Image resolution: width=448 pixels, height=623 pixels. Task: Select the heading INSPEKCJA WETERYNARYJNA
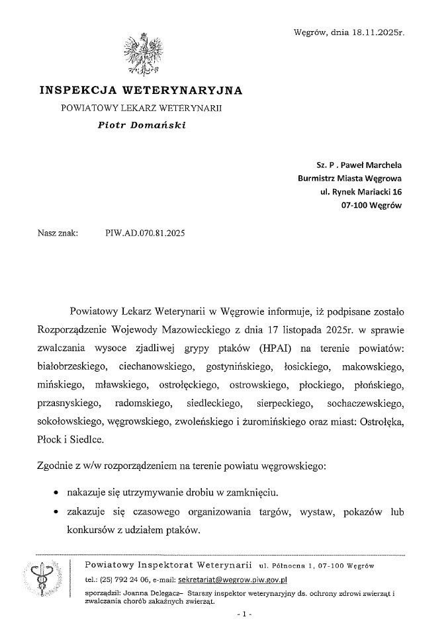141,89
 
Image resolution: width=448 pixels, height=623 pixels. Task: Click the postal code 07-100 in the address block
356,205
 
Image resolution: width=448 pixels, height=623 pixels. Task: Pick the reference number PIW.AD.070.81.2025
146,233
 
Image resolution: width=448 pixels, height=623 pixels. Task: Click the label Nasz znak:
58,233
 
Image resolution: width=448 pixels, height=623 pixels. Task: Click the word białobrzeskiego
68,365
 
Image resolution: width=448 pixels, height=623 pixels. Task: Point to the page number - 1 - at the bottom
244,614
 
